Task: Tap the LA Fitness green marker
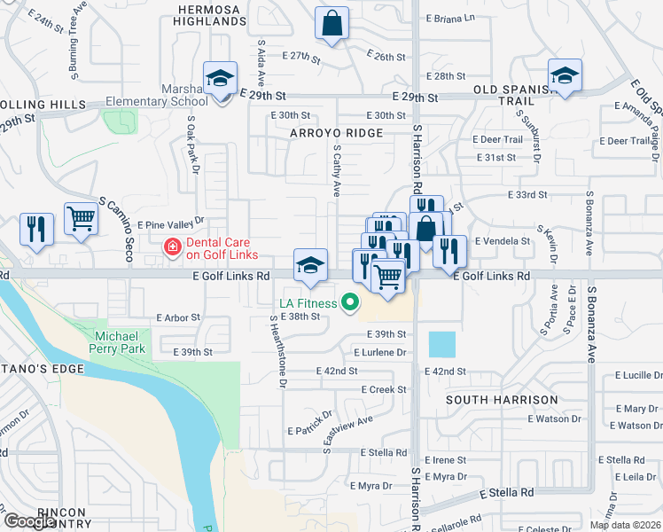coord(350,303)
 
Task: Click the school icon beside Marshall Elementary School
coord(219,79)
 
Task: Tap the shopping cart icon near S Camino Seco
coord(81,218)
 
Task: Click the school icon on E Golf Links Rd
coord(309,266)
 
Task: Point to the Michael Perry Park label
coord(116,343)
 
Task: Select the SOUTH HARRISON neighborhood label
coord(502,400)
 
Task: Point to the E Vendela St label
coord(503,240)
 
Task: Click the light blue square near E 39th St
coord(442,345)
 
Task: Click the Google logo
coord(29,521)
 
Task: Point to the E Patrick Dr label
coord(309,422)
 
